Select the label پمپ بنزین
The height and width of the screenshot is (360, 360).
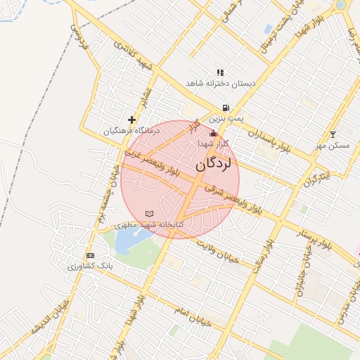pyautogui.click(x=226, y=120)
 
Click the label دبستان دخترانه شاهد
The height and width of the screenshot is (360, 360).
pyautogui.click(x=220, y=83)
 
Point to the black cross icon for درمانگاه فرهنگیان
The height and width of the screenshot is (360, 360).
pyautogui.click(x=131, y=120)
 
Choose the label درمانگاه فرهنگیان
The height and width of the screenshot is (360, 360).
pyautogui.click(x=131, y=131)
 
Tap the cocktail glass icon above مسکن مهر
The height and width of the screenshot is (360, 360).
pyautogui.click(x=333, y=134)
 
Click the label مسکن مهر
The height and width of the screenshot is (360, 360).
pyautogui.click(x=333, y=145)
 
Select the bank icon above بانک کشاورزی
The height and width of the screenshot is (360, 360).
pyautogui.click(x=90, y=255)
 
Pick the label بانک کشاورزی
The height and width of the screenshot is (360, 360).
pyautogui.click(x=90, y=266)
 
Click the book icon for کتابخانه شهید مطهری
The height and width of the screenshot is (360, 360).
pyautogui.click(x=148, y=213)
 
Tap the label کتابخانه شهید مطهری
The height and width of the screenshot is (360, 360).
pyautogui.click(x=152, y=224)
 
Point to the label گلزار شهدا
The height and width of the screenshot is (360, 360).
pyautogui.click(x=214, y=143)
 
